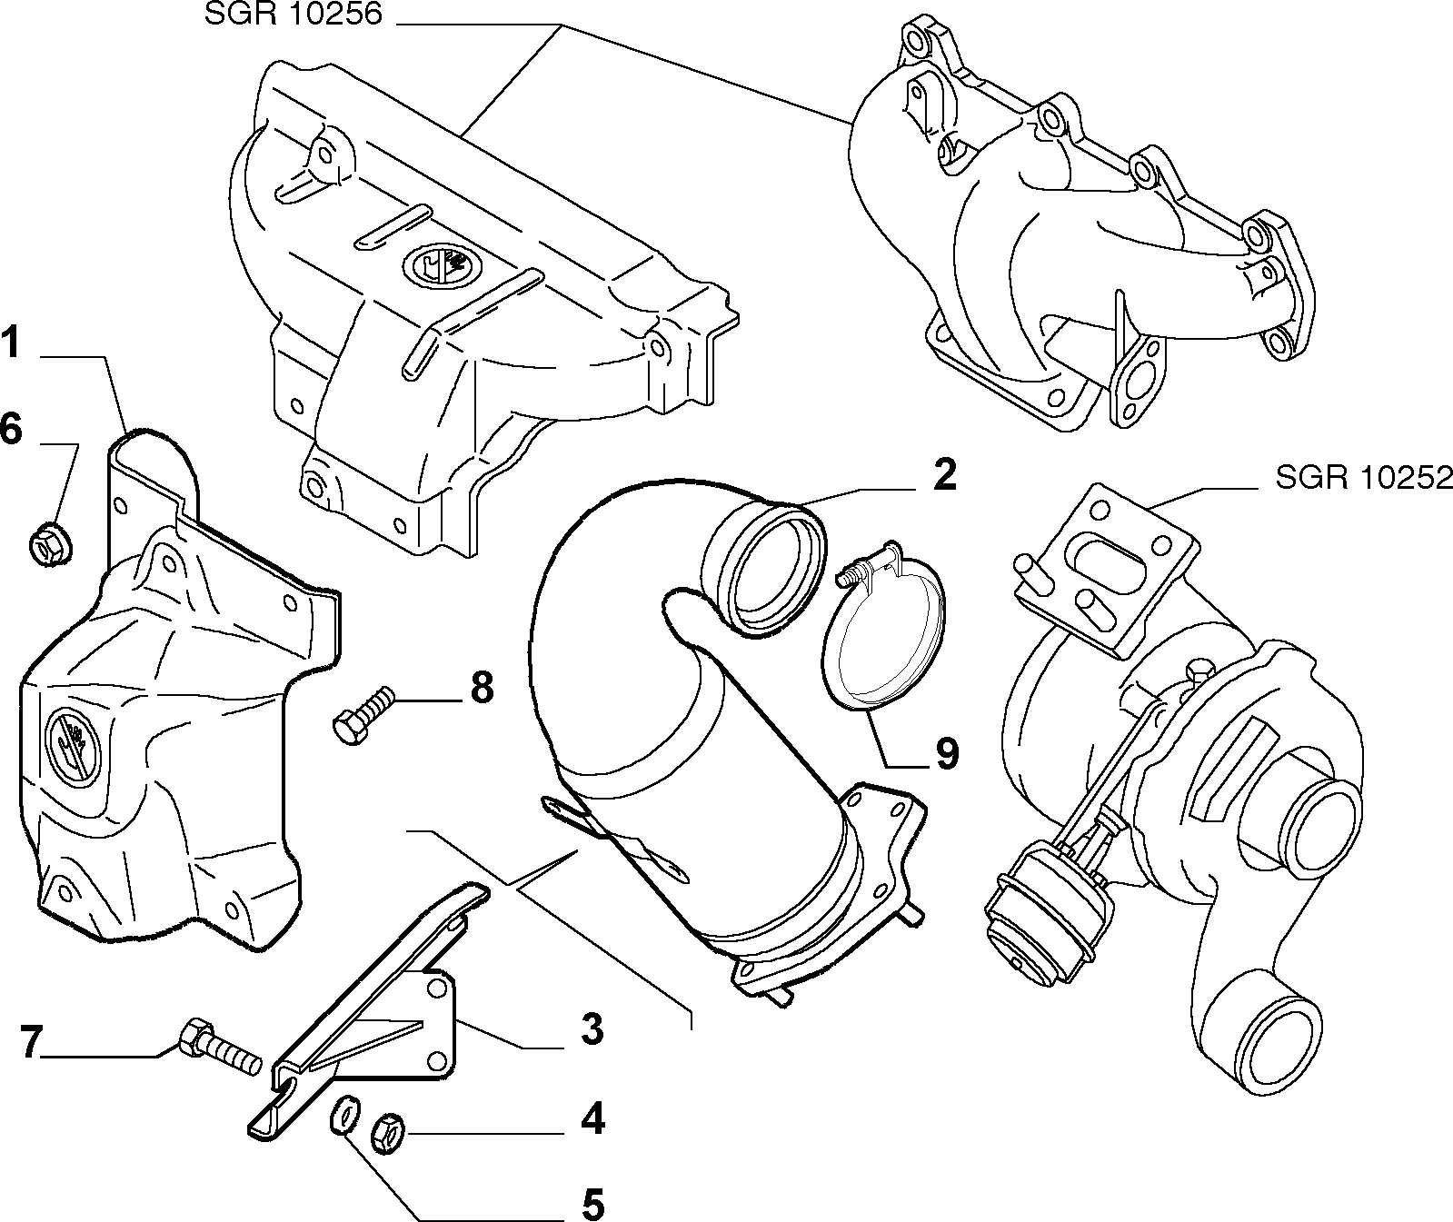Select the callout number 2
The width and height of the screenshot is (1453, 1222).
[944, 475]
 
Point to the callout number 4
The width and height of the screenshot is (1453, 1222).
[592, 1120]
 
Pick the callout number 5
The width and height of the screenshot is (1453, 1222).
[591, 1205]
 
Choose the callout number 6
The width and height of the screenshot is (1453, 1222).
[10, 429]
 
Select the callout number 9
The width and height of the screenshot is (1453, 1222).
[946, 754]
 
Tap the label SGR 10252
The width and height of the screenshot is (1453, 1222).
[1363, 478]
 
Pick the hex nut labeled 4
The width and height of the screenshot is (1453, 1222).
[388, 1134]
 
